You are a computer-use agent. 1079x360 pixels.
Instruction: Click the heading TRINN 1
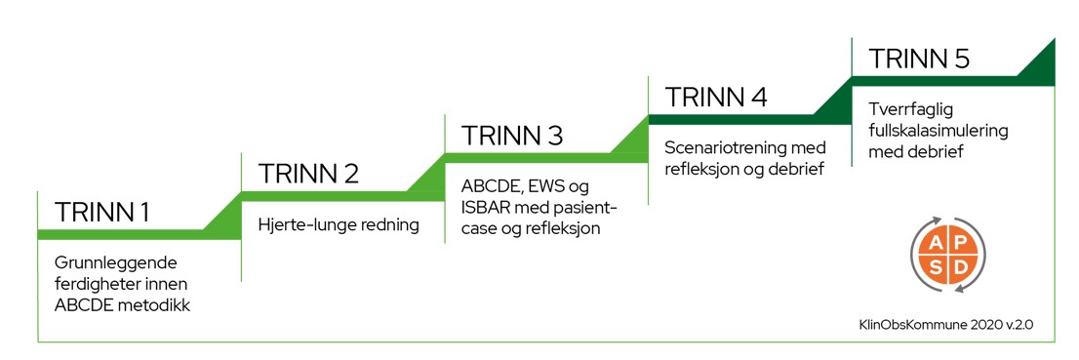point(101,212)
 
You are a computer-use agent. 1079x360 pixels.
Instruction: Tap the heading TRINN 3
point(512,135)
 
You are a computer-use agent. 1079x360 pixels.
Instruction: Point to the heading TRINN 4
point(716,97)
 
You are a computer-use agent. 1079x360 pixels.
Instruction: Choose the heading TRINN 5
point(919,59)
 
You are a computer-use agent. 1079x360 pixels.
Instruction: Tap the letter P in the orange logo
point(959,242)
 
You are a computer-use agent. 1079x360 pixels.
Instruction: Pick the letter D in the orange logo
point(959,265)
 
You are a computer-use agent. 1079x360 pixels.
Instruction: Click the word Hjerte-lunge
point(299,225)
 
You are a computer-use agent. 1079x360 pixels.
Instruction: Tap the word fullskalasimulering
point(939,132)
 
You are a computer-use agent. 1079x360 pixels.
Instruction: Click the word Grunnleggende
point(116,263)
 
